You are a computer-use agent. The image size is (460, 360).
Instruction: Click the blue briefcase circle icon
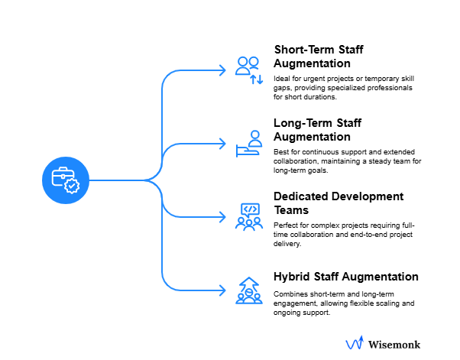click(x=65, y=180)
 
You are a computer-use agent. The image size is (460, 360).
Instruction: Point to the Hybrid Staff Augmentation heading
click(x=346, y=276)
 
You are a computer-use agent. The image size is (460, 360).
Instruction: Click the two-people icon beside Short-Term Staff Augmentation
click(x=249, y=70)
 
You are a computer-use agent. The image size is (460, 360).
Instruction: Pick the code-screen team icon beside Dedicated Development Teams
click(x=250, y=216)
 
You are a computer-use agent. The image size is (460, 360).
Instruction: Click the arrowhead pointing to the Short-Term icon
click(x=222, y=70)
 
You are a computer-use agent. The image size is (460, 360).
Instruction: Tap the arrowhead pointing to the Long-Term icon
click(x=222, y=144)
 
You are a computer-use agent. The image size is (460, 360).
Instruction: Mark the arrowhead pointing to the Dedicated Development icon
click(x=222, y=217)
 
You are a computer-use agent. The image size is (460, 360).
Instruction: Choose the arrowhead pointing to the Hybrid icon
click(x=222, y=290)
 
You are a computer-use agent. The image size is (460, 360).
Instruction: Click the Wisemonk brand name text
click(x=394, y=345)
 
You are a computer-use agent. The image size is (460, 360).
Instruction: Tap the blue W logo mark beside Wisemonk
click(x=355, y=345)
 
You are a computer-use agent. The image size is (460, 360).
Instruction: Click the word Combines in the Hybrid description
click(x=290, y=294)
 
